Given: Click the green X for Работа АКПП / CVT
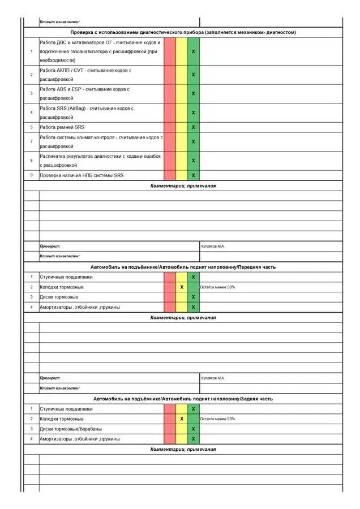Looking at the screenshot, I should (194, 75).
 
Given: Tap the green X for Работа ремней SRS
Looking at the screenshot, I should (194, 127).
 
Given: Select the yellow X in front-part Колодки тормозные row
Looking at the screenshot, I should (182, 287).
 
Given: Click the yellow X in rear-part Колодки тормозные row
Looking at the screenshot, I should (182, 419).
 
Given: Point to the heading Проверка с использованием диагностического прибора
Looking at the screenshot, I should (183, 32).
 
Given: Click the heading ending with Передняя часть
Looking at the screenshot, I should (183, 267).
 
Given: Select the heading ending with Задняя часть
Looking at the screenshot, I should (183, 399).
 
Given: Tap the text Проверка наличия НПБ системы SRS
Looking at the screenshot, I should (82, 175).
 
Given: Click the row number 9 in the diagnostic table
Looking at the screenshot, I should (31, 175).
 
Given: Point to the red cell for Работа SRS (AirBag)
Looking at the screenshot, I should (170, 113).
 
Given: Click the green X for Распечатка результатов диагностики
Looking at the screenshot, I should (194, 161).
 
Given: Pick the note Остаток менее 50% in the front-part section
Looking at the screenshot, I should (217, 287).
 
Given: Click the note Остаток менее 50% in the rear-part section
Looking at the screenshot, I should (217, 419).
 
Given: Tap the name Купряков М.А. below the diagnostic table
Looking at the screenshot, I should (213, 247).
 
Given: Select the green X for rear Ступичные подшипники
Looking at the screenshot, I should (194, 409).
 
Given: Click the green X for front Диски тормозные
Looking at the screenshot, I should (194, 297).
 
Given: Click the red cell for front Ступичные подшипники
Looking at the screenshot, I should (170, 277).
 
